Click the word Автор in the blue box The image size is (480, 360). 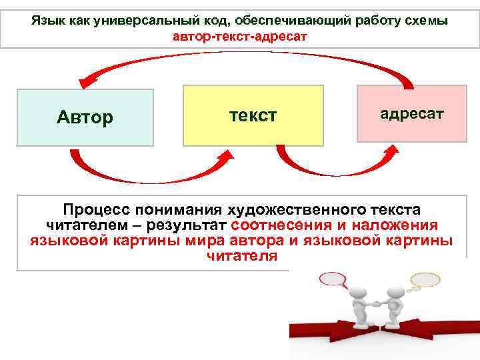point(85,118)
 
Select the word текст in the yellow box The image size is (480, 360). point(253,115)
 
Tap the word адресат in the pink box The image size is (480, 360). point(411,113)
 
